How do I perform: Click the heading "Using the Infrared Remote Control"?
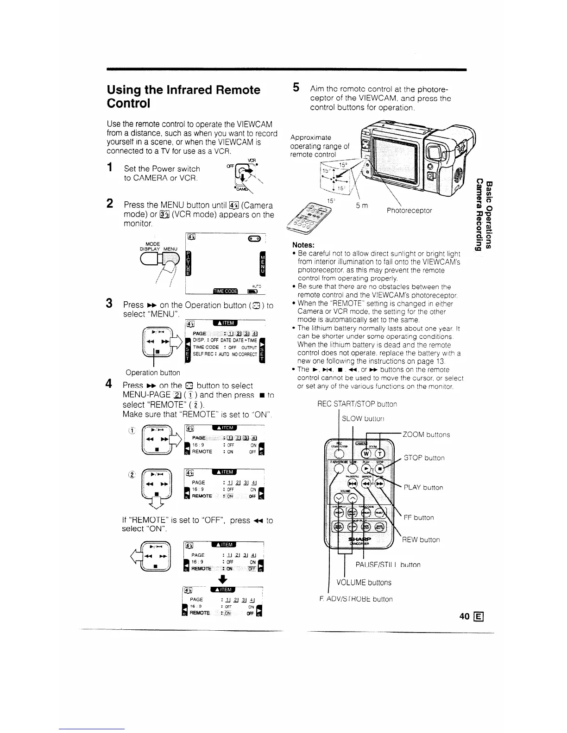click(x=183, y=96)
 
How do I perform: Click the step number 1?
click(x=110, y=167)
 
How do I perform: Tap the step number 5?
click(x=296, y=87)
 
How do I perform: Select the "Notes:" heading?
click(x=303, y=245)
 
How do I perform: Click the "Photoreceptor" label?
click(x=409, y=211)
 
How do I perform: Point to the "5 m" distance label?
click(x=362, y=205)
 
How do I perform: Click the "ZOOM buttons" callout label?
click(x=426, y=435)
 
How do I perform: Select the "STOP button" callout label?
click(x=424, y=458)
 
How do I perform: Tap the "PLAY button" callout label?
click(x=423, y=488)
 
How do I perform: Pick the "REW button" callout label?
click(x=421, y=540)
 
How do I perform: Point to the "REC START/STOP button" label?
click(x=357, y=404)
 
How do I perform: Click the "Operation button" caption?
click(x=153, y=372)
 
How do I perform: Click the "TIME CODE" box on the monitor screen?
click(x=224, y=291)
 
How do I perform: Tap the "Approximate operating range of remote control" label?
click(x=320, y=146)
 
